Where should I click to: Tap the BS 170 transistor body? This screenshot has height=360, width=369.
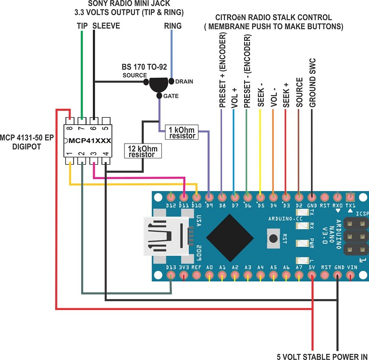(159, 84)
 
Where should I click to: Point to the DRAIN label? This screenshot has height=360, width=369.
(184, 82)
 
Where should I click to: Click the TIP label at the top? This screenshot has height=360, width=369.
(82, 25)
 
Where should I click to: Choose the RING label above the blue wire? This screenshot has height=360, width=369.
(172, 26)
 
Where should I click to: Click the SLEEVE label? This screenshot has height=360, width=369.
(106, 25)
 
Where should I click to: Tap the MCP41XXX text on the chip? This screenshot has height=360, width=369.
(89, 141)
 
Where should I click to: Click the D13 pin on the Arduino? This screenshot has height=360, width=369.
(171, 275)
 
